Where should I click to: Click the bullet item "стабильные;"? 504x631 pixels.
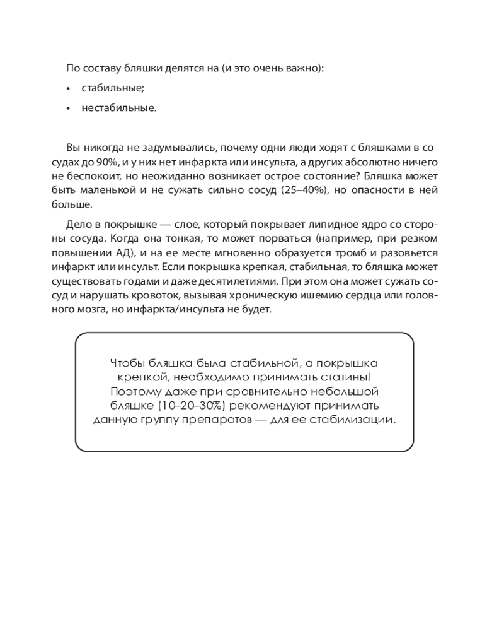click(112, 88)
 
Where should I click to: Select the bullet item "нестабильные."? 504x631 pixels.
click(118, 108)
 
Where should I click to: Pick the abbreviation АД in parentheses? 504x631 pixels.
click(126, 252)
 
